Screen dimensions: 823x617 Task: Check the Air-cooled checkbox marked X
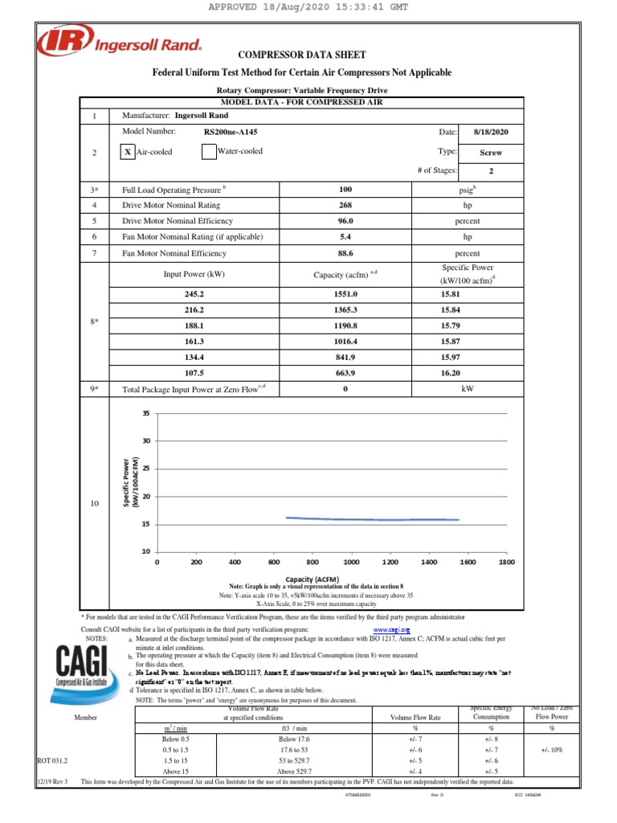pyautogui.click(x=128, y=152)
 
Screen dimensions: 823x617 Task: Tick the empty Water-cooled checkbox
pyautogui.click(x=209, y=152)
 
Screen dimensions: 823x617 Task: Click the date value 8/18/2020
pyautogui.click(x=490, y=131)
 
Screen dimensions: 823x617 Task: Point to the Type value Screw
pyautogui.click(x=490, y=152)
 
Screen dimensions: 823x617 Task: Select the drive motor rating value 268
pyautogui.click(x=345, y=205)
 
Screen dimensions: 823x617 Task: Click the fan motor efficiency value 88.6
pyautogui.click(x=345, y=252)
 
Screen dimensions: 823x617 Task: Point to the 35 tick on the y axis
pyautogui.click(x=146, y=413)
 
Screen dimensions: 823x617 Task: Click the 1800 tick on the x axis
pyautogui.click(x=506, y=563)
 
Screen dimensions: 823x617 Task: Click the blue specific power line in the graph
pyautogui.click(x=370, y=519)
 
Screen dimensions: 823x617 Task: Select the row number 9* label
pyautogui.click(x=94, y=389)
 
